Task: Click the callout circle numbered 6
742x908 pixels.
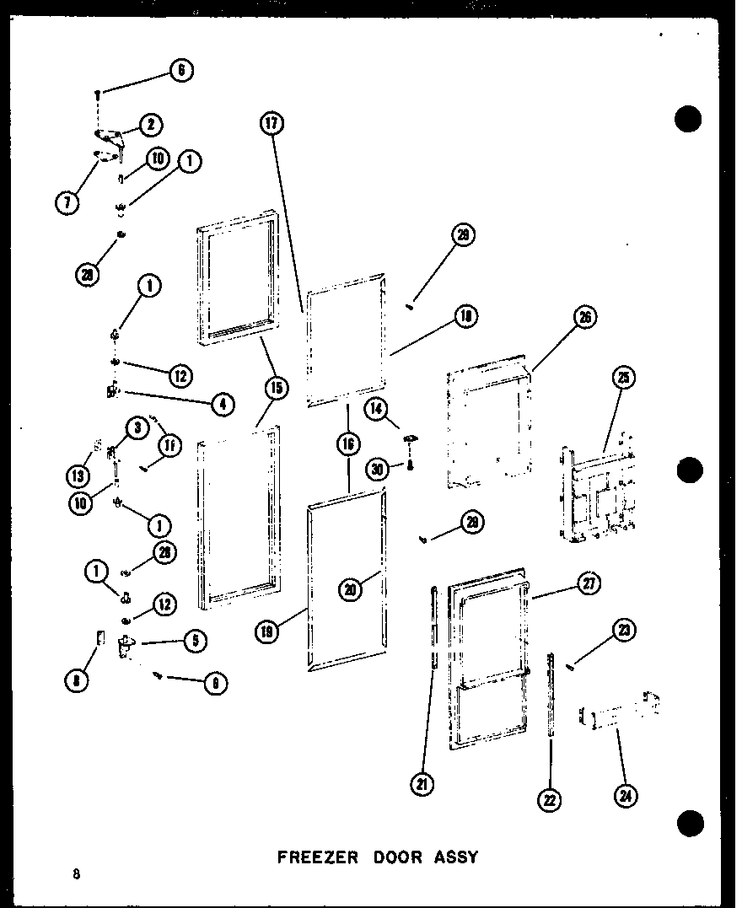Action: [x=180, y=72]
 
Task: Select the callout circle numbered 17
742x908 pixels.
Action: [x=271, y=124]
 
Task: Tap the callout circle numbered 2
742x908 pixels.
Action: [x=150, y=125]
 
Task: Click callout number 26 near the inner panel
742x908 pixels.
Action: [x=584, y=317]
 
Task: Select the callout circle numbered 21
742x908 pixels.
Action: [x=422, y=784]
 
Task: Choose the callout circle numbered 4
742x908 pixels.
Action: [x=222, y=404]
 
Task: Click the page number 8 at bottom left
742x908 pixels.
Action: [x=76, y=874]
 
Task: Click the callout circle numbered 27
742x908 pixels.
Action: [x=589, y=583]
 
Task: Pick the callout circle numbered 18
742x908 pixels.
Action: [x=464, y=316]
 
